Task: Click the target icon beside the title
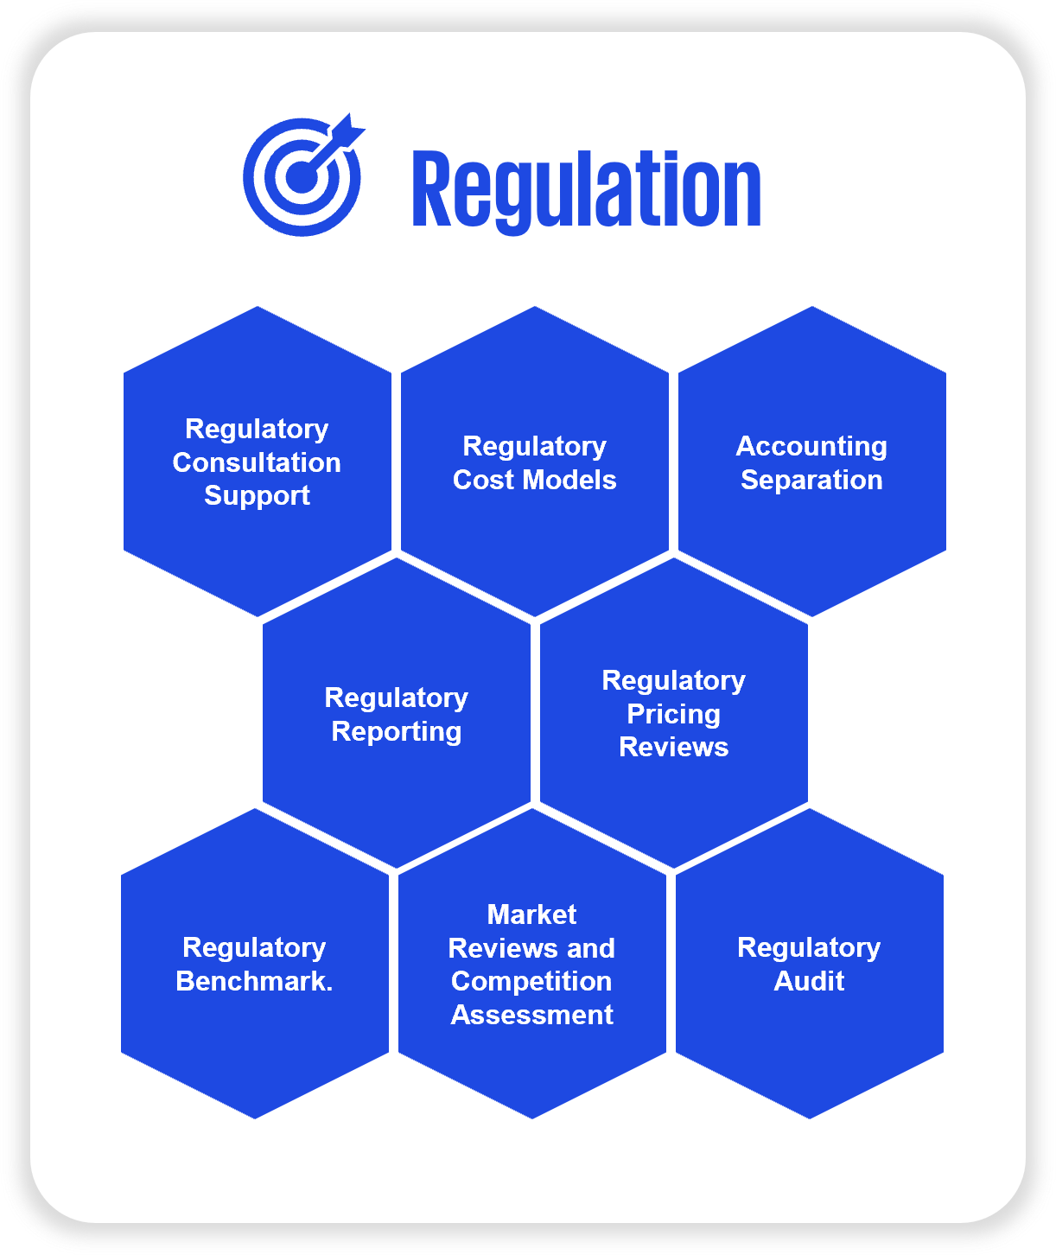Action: click(x=302, y=177)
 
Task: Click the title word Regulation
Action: click(x=586, y=190)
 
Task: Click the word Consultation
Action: click(x=257, y=462)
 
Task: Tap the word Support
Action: click(x=257, y=496)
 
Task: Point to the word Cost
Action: click(x=484, y=480)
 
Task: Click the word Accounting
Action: click(x=811, y=446)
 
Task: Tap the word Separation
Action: click(x=811, y=480)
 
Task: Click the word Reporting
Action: click(x=397, y=732)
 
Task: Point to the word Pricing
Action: click(x=673, y=714)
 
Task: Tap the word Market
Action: click(x=531, y=914)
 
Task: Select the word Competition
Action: click(x=531, y=982)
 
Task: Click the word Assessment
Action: click(x=531, y=1015)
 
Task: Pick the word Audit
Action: click(x=809, y=981)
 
